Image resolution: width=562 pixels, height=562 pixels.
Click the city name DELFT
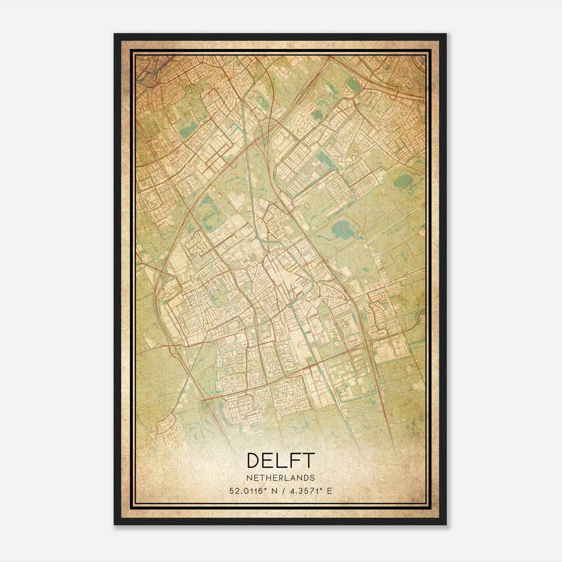pyautogui.click(x=280, y=460)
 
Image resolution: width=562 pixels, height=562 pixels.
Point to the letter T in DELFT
pyautogui.click(x=307, y=460)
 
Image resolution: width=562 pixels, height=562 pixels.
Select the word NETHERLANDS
pyautogui.click(x=280, y=478)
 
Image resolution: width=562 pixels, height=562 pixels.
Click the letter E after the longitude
pyautogui.click(x=329, y=491)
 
